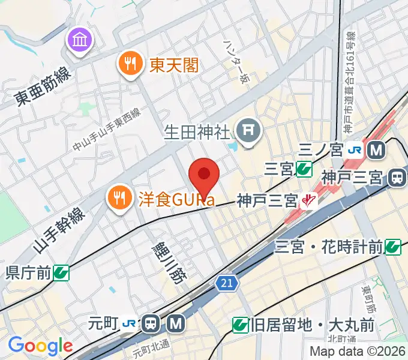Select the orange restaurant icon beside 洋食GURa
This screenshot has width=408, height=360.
tap(118, 196)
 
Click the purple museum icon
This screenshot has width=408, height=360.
tap(79, 41)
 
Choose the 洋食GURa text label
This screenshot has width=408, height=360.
tap(176, 197)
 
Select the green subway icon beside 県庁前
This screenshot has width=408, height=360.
tap(61, 273)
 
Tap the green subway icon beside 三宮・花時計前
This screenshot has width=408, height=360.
tap(393, 245)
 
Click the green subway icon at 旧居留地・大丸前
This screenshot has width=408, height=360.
tap(240, 325)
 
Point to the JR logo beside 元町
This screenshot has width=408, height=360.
tap(129, 324)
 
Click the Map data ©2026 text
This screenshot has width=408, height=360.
tap(358, 351)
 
